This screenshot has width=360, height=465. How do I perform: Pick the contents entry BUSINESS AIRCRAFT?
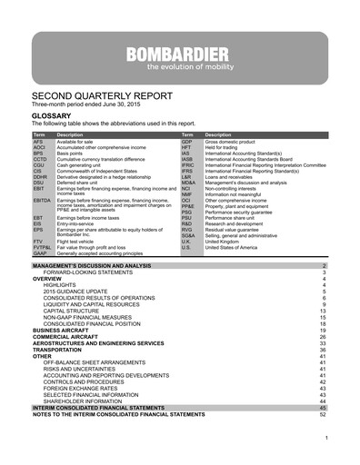click(x=68, y=330)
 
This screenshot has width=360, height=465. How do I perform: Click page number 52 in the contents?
click(x=322, y=415)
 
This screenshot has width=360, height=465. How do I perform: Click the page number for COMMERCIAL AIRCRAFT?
click(x=322, y=336)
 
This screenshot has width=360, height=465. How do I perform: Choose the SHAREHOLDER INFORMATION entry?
click(x=88, y=401)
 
